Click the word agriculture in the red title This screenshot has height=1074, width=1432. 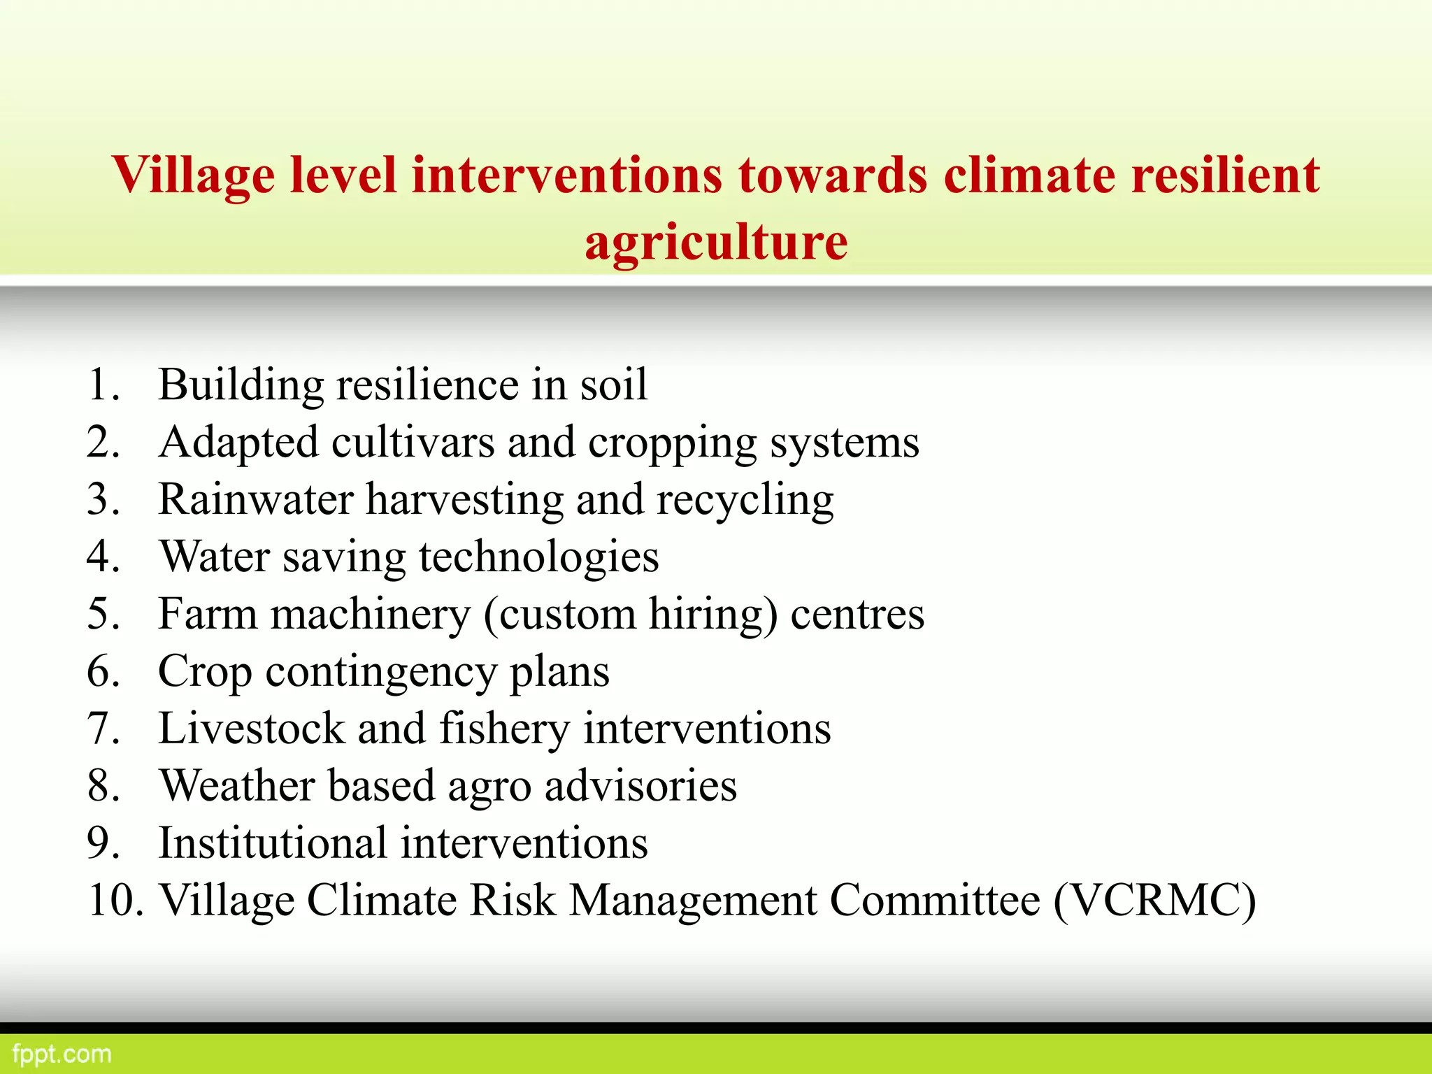click(x=716, y=243)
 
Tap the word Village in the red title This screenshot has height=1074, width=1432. click(x=192, y=175)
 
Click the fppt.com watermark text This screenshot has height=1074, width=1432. click(x=62, y=1054)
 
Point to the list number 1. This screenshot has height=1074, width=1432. click(x=103, y=385)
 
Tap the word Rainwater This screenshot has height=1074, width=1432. click(x=256, y=500)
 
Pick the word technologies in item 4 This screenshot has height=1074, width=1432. click(x=538, y=558)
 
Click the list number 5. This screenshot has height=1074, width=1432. click(x=103, y=615)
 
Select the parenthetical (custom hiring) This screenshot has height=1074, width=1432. click(x=630, y=615)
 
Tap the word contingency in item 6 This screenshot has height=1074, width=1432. click(x=380, y=673)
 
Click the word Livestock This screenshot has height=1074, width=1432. click(x=251, y=729)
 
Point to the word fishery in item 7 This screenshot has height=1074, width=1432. click(x=504, y=729)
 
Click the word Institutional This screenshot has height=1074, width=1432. click(x=272, y=843)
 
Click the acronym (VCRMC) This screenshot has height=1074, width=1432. click(x=1154, y=901)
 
